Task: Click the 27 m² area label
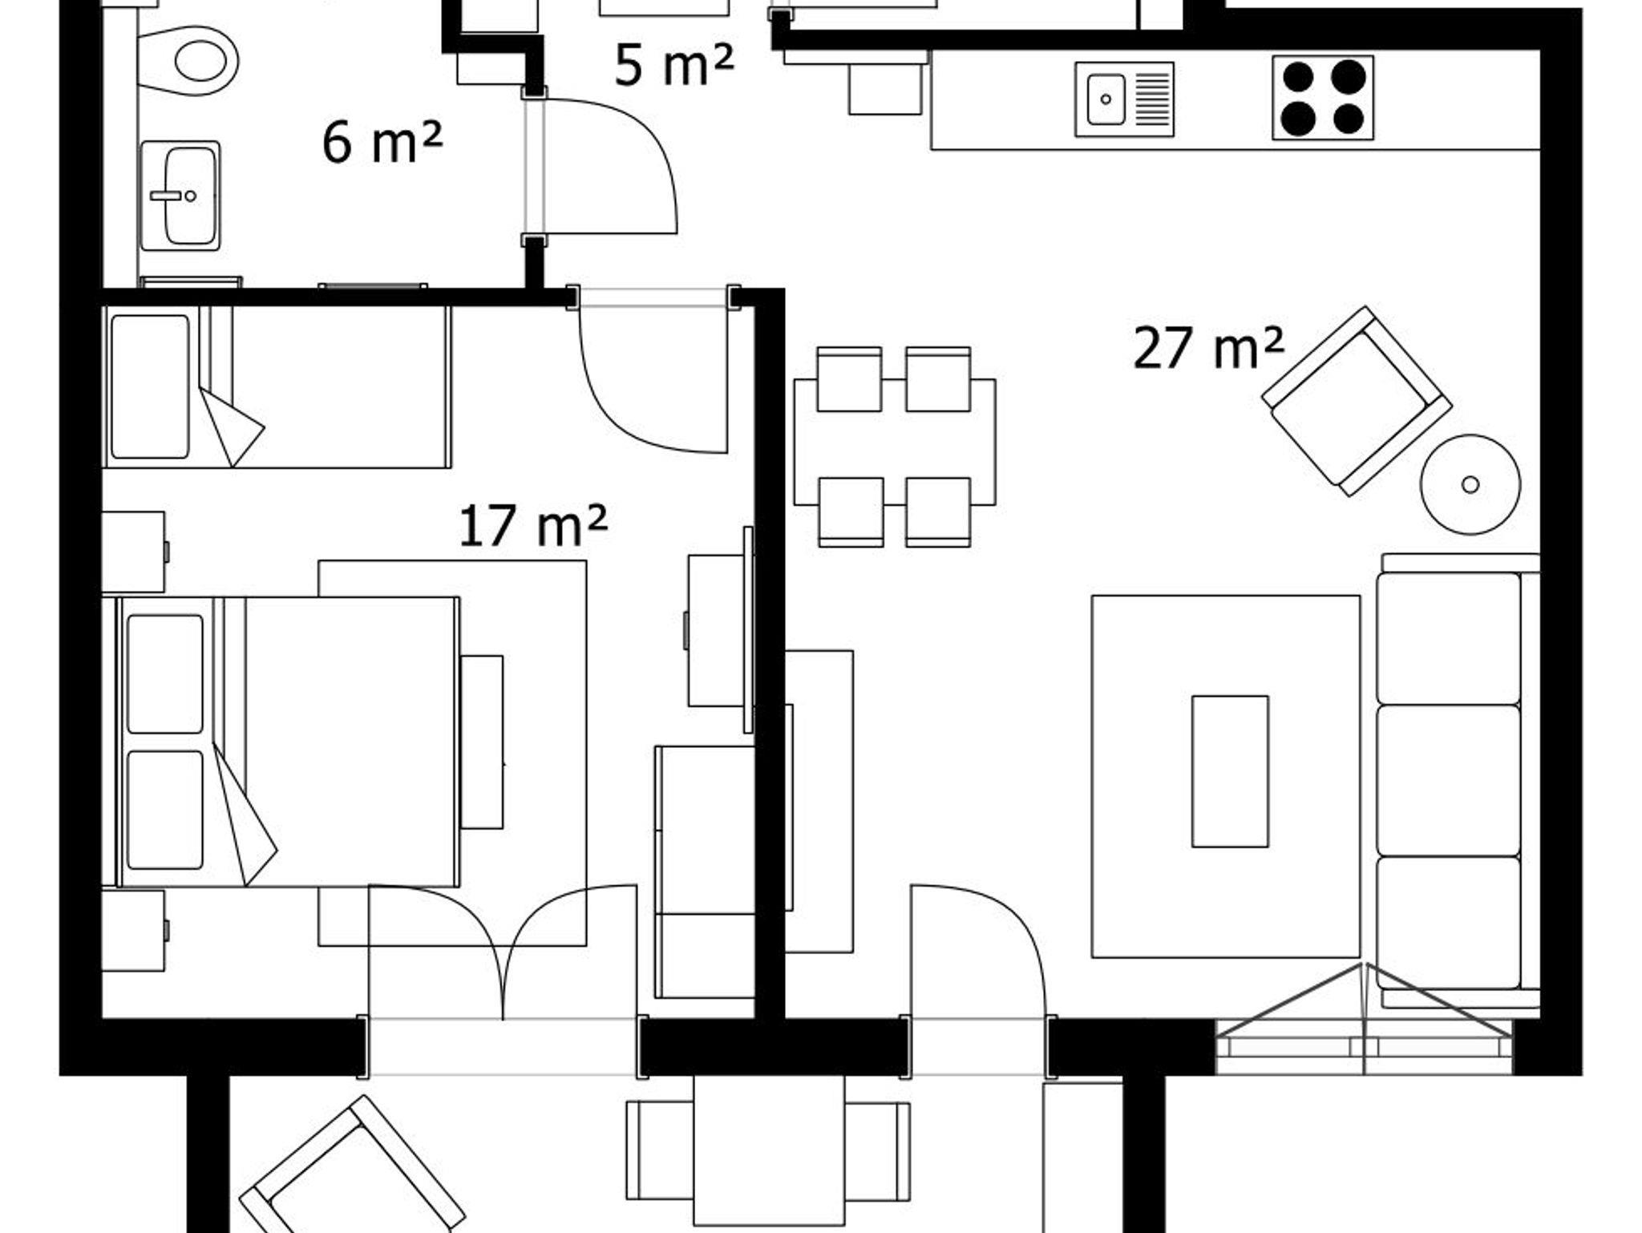tap(1208, 348)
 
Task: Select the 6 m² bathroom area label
tap(382, 142)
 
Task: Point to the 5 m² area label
tap(673, 64)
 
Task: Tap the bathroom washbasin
tap(180, 195)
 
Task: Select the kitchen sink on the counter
tap(1124, 99)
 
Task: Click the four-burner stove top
tap(1323, 98)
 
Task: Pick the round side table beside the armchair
tap(1470, 484)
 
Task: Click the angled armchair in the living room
tap(1357, 400)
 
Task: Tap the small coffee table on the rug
tap(1230, 771)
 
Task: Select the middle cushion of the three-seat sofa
tap(1449, 780)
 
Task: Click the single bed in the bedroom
tap(277, 386)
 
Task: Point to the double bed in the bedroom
tap(289, 742)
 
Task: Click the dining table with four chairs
tap(895, 447)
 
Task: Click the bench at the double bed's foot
tap(482, 742)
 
